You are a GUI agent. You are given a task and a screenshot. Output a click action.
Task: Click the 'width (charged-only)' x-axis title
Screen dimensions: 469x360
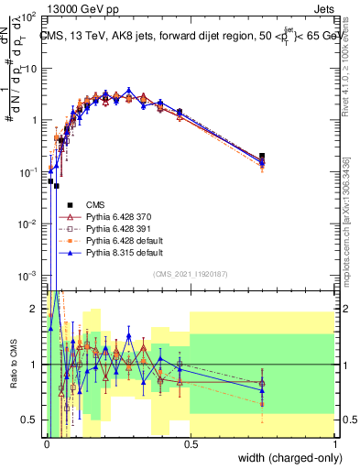point(292,456)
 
